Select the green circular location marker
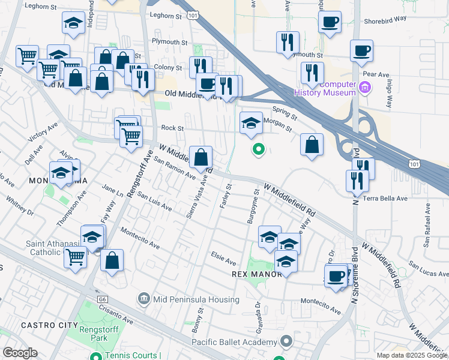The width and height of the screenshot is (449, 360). click(x=258, y=149)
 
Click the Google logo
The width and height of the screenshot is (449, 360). click(x=20, y=353)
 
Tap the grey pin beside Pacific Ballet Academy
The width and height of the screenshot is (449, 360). click(x=286, y=342)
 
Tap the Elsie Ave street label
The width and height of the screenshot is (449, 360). click(x=223, y=260)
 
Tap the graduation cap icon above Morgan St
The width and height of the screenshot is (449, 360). click(x=251, y=124)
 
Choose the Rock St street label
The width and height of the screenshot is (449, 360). click(x=172, y=128)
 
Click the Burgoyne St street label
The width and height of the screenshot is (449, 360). click(x=253, y=207)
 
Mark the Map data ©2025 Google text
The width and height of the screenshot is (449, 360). click(x=411, y=355)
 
